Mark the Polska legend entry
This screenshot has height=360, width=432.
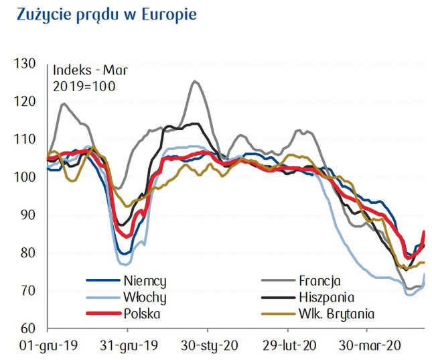[x=141, y=312]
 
